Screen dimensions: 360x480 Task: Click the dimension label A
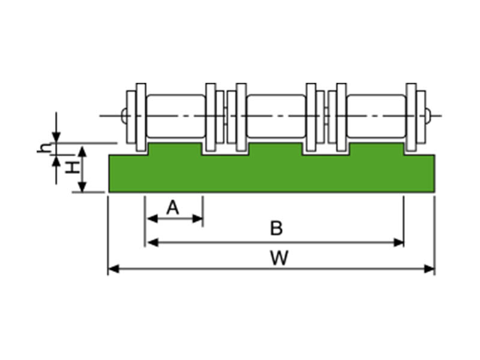click(173, 208)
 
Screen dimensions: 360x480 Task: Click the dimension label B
click(275, 228)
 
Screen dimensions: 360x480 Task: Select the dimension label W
click(278, 258)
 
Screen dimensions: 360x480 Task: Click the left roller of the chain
click(176, 115)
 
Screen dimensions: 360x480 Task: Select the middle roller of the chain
click(276, 115)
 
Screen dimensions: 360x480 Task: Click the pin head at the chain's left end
click(124, 115)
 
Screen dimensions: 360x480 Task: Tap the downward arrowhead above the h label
click(56, 137)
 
